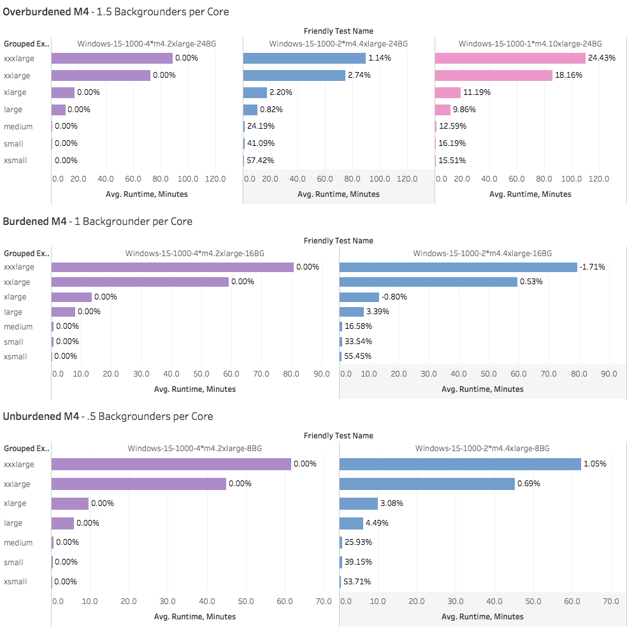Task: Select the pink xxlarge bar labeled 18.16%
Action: tap(494, 75)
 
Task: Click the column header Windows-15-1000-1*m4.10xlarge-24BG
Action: tap(530, 43)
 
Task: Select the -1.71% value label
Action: tap(593, 267)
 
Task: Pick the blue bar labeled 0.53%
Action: tap(428, 282)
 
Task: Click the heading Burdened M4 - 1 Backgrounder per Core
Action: tap(97, 222)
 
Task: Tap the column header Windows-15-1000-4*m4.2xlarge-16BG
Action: tap(195, 253)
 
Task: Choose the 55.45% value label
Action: tap(359, 356)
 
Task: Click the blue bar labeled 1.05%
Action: tap(460, 464)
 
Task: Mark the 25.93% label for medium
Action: tap(359, 542)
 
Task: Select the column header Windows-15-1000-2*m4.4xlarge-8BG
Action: tap(482, 448)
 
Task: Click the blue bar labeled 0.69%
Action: tap(427, 484)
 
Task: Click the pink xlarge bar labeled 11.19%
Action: tap(448, 92)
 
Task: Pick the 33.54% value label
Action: tap(359, 342)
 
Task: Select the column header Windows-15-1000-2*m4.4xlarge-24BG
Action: tap(338, 43)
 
